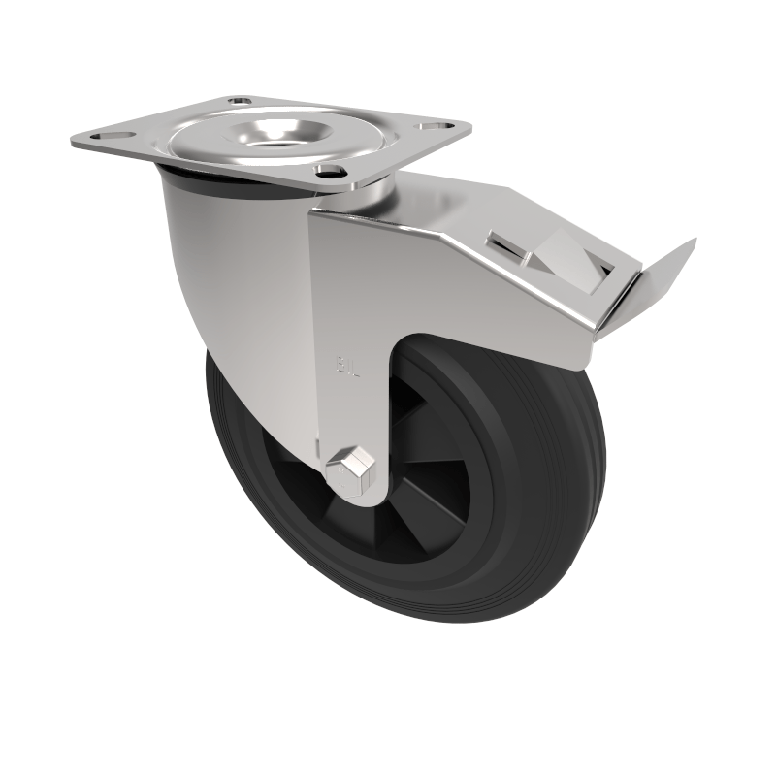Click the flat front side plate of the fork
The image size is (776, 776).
pos(349,310)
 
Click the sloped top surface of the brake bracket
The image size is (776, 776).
pos(466,209)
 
